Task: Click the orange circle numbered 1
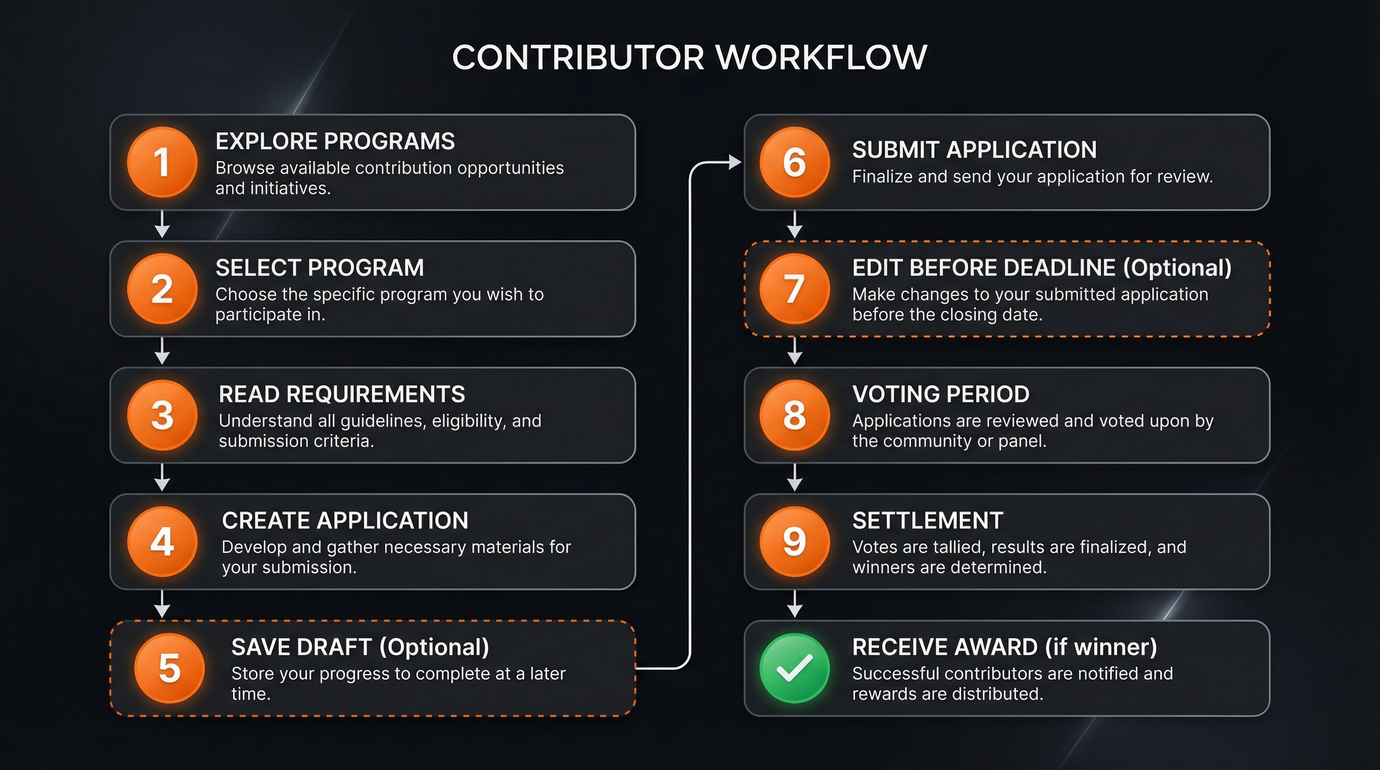[x=162, y=162]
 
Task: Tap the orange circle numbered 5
[x=169, y=668]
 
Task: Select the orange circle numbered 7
[x=794, y=289]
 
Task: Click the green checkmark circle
[x=794, y=668]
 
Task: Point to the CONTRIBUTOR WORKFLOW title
[x=689, y=57]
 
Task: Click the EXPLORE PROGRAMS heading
[x=335, y=141]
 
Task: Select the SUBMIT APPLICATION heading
[x=974, y=150]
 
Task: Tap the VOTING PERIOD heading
[x=940, y=394]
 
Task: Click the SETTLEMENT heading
[x=927, y=520]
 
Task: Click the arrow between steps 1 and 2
[x=162, y=225]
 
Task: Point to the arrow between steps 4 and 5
[x=162, y=605]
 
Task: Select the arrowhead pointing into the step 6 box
[x=735, y=162]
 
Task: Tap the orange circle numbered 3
[x=162, y=415]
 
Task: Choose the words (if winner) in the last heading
[x=1100, y=647]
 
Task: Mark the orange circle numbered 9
[x=794, y=541]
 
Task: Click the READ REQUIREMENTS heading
[x=342, y=394]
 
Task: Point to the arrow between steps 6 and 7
[x=794, y=225]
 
